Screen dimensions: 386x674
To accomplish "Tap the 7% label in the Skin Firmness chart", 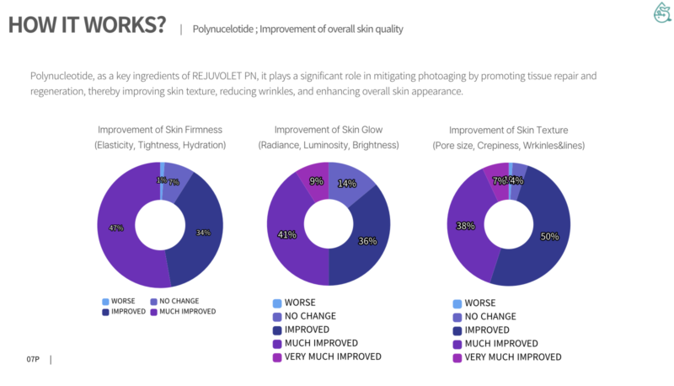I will point(174,181).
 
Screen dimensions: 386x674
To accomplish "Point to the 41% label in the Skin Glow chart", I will point(287,234).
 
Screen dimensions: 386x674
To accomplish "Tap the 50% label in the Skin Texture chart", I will point(550,237).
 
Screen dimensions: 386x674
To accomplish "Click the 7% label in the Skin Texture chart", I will point(499,180).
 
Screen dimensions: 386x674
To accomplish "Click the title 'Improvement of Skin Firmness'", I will point(159,130).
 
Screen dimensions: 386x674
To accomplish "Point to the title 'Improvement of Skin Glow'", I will point(328,130).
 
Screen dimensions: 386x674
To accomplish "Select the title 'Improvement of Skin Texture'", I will point(508,130).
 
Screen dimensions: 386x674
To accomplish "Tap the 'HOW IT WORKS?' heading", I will point(87,25).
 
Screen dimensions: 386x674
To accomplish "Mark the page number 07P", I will point(33,360).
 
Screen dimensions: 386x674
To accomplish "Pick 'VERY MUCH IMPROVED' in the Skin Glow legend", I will point(333,357).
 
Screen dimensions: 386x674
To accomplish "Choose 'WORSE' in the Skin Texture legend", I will point(479,303).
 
